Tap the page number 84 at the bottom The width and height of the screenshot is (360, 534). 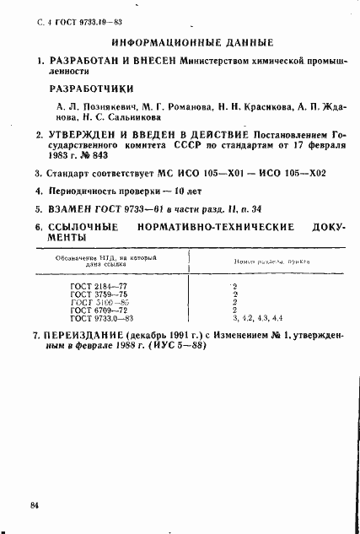35,505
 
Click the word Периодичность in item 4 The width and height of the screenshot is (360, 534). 91,191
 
